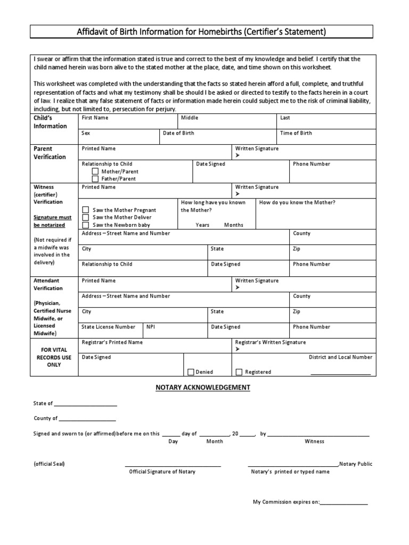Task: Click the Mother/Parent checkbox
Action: coord(95,172)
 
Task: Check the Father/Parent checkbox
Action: coord(95,179)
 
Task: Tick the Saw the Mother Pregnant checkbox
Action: coord(85,210)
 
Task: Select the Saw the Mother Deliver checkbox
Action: coord(85,218)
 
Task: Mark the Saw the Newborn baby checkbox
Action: coord(85,225)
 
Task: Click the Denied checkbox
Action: coord(191,372)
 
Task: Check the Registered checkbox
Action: coord(239,372)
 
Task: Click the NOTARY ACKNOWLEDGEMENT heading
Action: coord(202,387)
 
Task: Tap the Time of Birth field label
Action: coord(296,133)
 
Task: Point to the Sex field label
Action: coord(86,133)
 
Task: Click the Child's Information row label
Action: coord(51,122)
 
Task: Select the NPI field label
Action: coord(151,327)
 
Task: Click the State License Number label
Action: coord(108,327)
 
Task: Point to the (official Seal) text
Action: coord(49,464)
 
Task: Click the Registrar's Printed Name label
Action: coord(112,342)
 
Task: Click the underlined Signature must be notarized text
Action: coord(53,221)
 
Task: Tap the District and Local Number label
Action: coord(341,357)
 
